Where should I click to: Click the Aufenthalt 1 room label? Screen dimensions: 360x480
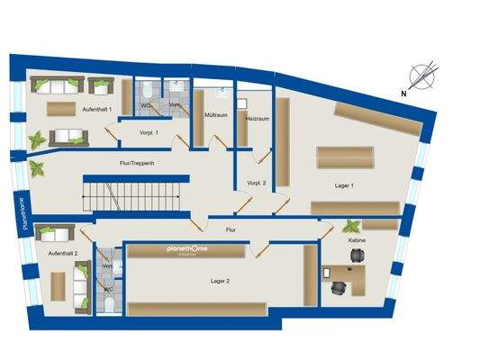(97, 108)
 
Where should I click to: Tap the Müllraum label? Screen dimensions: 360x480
(216, 116)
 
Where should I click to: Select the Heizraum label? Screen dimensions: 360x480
(257, 118)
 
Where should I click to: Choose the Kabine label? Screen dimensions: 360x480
(356, 241)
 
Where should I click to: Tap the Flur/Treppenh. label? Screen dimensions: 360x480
(138, 163)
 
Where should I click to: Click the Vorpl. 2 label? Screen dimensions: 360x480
(257, 183)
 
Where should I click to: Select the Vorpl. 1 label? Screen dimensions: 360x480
(149, 132)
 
